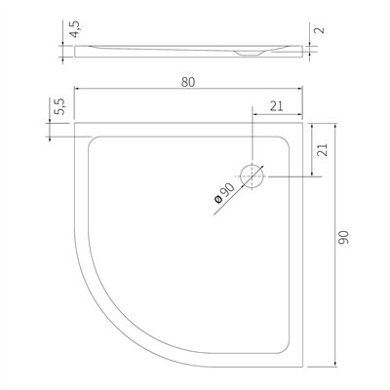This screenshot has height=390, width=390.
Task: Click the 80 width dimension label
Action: [x=188, y=82]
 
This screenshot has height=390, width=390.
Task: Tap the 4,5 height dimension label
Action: [x=75, y=29]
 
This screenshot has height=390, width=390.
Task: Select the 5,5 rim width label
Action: [x=60, y=106]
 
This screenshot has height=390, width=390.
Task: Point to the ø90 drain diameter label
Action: [x=224, y=193]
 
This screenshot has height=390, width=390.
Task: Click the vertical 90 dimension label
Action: [x=343, y=237]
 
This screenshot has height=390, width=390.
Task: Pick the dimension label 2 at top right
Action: [x=320, y=30]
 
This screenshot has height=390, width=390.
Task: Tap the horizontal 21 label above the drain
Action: [x=277, y=106]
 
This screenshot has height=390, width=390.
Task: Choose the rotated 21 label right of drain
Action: [x=322, y=150]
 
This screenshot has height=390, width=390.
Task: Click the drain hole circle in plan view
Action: [x=253, y=164]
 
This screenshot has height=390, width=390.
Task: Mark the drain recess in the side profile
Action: [x=249, y=54]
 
